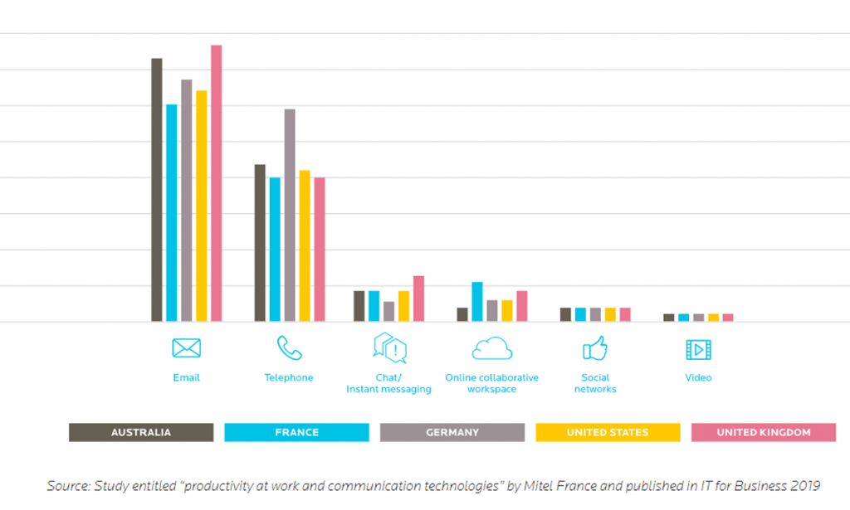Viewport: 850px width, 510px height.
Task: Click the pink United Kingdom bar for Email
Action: click(x=216, y=182)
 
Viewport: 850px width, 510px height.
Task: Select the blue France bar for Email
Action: click(x=172, y=212)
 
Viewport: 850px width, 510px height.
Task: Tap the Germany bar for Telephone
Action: click(x=290, y=215)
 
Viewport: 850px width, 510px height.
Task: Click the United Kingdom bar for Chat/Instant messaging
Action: click(x=418, y=299)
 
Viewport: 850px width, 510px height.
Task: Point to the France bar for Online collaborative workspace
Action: click(x=477, y=302)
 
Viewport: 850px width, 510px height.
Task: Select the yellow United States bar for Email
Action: click(x=201, y=206)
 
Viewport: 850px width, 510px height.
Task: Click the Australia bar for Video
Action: click(x=669, y=317)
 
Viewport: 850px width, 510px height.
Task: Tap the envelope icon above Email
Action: click(x=187, y=348)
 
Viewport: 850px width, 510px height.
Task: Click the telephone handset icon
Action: click(x=289, y=348)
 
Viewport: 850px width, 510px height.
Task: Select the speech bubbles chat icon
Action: click(x=389, y=348)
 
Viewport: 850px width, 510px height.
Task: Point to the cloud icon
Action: click(x=491, y=348)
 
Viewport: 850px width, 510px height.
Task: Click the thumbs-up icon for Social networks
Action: click(x=595, y=349)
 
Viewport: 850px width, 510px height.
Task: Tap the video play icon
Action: click(x=699, y=349)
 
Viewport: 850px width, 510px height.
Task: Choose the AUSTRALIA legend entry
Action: click(x=141, y=432)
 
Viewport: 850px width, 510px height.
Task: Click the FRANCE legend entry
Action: click(x=296, y=432)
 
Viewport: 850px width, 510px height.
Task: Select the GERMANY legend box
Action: click(x=452, y=432)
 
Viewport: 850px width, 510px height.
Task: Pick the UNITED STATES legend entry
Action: click(x=608, y=432)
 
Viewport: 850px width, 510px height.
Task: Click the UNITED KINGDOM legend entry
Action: click(x=763, y=432)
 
